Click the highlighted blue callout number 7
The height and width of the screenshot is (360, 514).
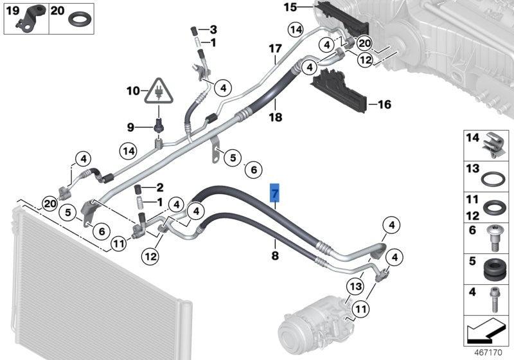tap(275, 193)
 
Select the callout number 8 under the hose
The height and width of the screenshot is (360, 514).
tap(275, 256)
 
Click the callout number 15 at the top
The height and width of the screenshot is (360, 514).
tap(290, 8)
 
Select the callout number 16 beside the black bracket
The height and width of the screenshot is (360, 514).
tap(384, 104)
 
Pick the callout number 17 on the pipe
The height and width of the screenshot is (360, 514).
tap(275, 49)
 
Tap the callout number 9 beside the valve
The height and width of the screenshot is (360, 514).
tap(130, 127)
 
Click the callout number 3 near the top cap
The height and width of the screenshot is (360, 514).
tap(213, 30)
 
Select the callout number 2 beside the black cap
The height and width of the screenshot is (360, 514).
tap(160, 188)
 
